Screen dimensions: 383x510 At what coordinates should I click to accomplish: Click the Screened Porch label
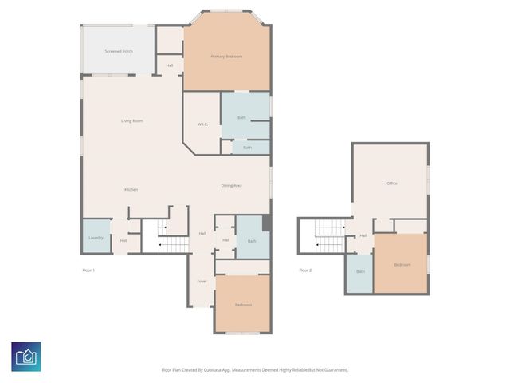click(x=119, y=51)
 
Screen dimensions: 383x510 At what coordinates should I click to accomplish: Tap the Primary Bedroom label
click(x=226, y=57)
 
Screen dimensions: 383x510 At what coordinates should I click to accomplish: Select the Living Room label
click(x=131, y=121)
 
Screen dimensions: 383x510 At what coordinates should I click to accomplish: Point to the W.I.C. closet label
click(x=202, y=124)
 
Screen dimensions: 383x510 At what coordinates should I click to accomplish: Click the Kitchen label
click(x=131, y=189)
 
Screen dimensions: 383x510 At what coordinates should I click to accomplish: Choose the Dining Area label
click(x=231, y=185)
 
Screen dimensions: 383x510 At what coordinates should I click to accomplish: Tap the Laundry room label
click(x=96, y=237)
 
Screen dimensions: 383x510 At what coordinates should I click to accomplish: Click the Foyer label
click(x=202, y=282)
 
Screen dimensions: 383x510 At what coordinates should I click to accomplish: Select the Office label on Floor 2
click(x=391, y=184)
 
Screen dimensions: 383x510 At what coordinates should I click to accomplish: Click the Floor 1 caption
click(x=88, y=270)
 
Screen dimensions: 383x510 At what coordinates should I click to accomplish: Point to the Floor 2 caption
click(x=305, y=270)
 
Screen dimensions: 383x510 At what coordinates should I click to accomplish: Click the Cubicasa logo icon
click(x=26, y=356)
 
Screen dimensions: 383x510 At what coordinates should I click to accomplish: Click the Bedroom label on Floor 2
click(x=402, y=264)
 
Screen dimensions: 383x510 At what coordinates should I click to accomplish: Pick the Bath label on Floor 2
click(x=360, y=271)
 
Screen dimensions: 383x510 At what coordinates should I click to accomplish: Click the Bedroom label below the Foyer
click(x=243, y=305)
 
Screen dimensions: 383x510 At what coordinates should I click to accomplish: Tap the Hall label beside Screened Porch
click(x=170, y=65)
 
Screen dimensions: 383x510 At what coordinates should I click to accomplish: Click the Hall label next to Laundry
click(x=124, y=240)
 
